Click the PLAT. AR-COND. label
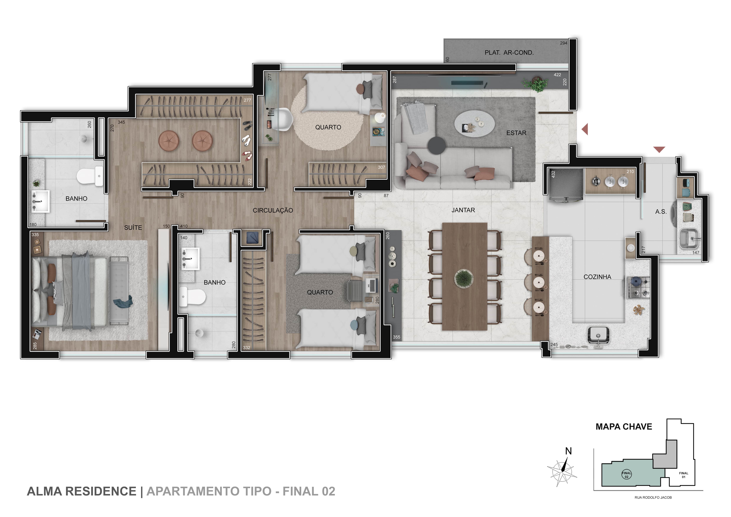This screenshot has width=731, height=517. pos(509,52)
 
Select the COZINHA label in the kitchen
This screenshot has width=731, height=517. pos(597,277)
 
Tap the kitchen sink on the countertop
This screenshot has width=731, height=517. pos(598,336)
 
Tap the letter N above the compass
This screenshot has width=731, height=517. pos(568,451)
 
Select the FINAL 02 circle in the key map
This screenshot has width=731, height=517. pos(627,475)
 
